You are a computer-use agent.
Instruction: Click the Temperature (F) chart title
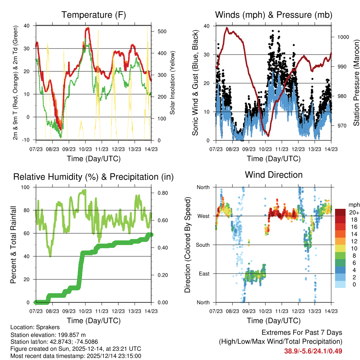coord(94,15)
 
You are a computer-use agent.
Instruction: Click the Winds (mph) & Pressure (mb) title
coord(274,15)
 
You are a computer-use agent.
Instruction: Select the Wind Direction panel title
coord(274,175)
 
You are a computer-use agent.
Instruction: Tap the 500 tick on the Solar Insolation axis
coord(162,31)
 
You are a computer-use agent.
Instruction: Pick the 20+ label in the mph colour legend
coord(354,212)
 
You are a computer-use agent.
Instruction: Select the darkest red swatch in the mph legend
coord(341,212)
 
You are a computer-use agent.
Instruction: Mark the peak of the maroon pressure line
coord(227,28)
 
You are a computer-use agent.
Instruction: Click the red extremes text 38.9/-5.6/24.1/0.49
coord(313,351)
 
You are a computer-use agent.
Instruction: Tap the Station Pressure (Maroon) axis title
coord(356,83)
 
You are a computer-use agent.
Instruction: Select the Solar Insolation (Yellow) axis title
coord(173,83)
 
